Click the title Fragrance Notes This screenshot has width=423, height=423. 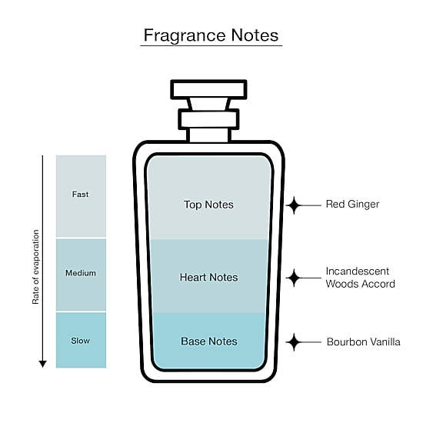[211, 35]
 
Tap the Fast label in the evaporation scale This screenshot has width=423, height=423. [80, 195]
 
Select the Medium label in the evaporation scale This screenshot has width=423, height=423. [81, 273]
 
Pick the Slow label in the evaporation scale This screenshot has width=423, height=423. [81, 341]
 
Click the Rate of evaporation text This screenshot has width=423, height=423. [35, 267]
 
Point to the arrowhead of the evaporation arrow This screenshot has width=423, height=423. [42, 364]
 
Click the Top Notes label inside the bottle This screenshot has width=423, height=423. [208, 205]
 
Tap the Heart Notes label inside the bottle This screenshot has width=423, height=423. [208, 278]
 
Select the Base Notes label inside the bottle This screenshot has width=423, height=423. [209, 341]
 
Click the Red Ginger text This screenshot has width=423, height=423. [352, 205]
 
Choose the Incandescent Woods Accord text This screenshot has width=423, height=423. [360, 278]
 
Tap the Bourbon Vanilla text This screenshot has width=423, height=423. [363, 341]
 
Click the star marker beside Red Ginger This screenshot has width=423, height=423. [294, 205]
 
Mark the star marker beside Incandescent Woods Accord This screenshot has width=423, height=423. [294, 278]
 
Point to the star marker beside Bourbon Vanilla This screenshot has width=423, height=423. [294, 342]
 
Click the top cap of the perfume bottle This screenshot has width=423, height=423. [208, 89]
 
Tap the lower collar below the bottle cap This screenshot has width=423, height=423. [208, 119]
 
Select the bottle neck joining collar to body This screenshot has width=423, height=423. [208, 135]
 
